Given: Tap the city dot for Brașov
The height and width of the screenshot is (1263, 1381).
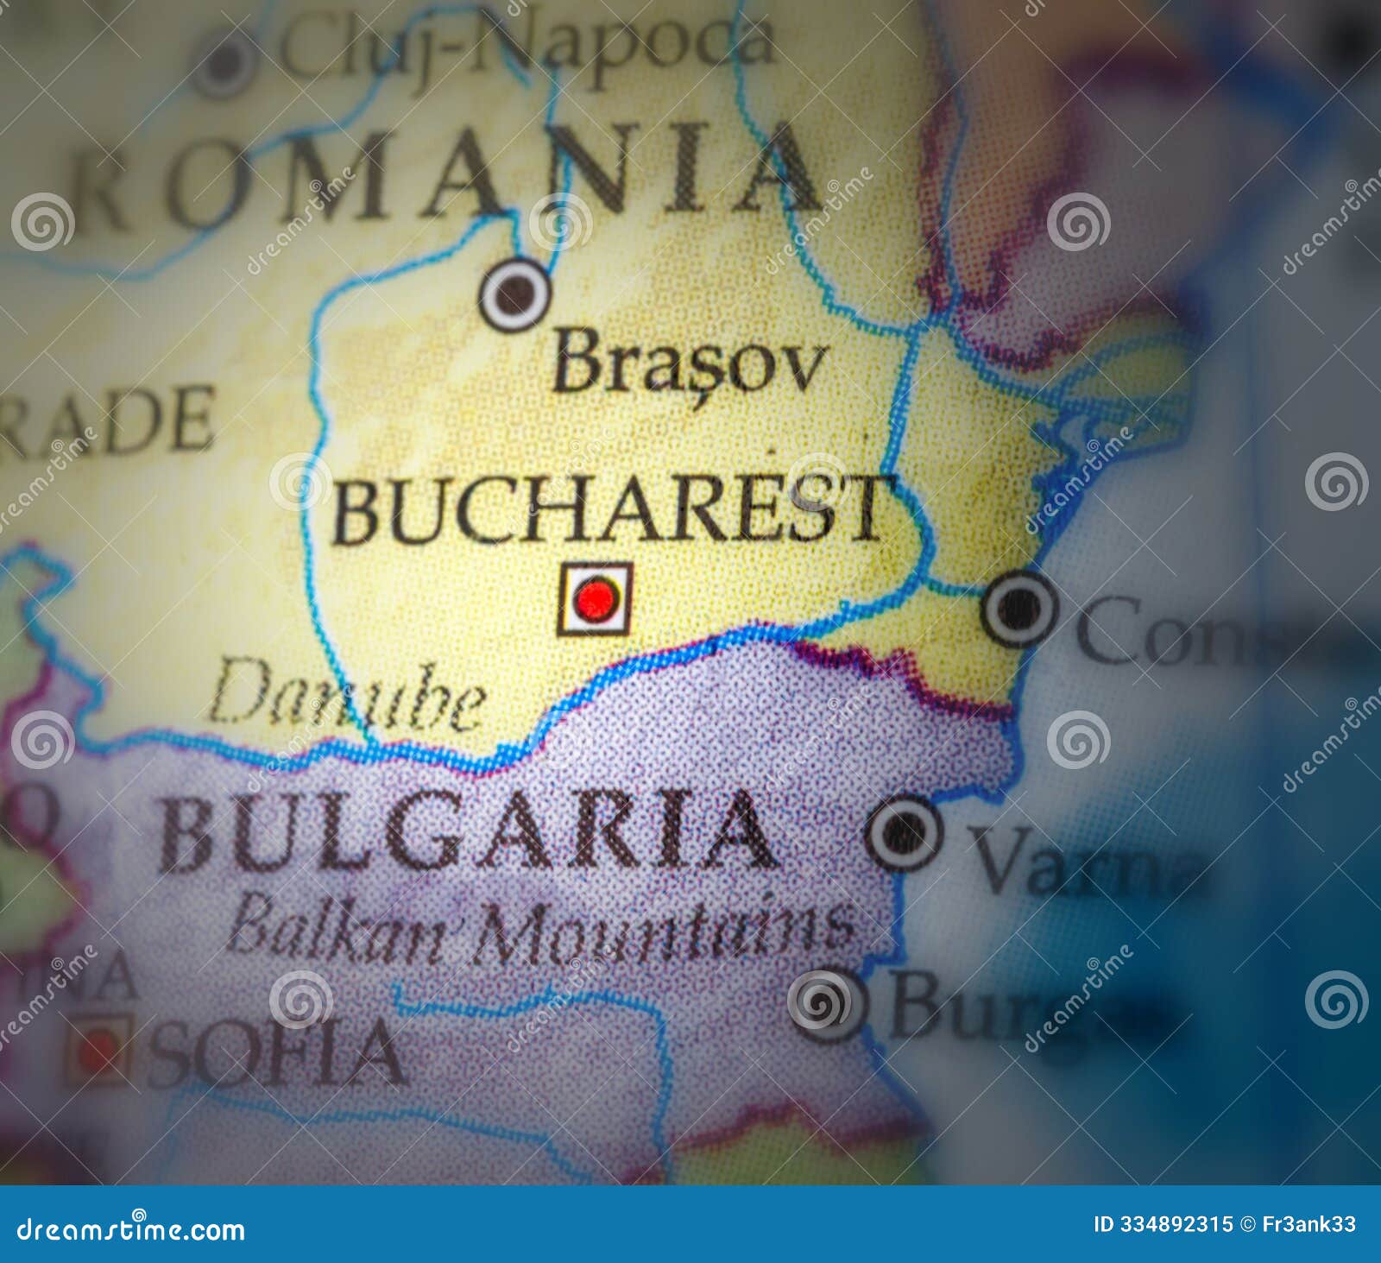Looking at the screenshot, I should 514,294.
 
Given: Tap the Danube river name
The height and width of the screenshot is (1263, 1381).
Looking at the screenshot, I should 346,694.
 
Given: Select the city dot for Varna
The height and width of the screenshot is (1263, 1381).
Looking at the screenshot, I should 904,832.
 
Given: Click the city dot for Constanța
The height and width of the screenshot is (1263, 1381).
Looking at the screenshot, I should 1019,609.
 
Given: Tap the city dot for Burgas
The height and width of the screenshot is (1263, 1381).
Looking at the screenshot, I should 826,1004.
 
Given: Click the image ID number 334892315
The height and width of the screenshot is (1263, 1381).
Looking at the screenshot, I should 1176,1224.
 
